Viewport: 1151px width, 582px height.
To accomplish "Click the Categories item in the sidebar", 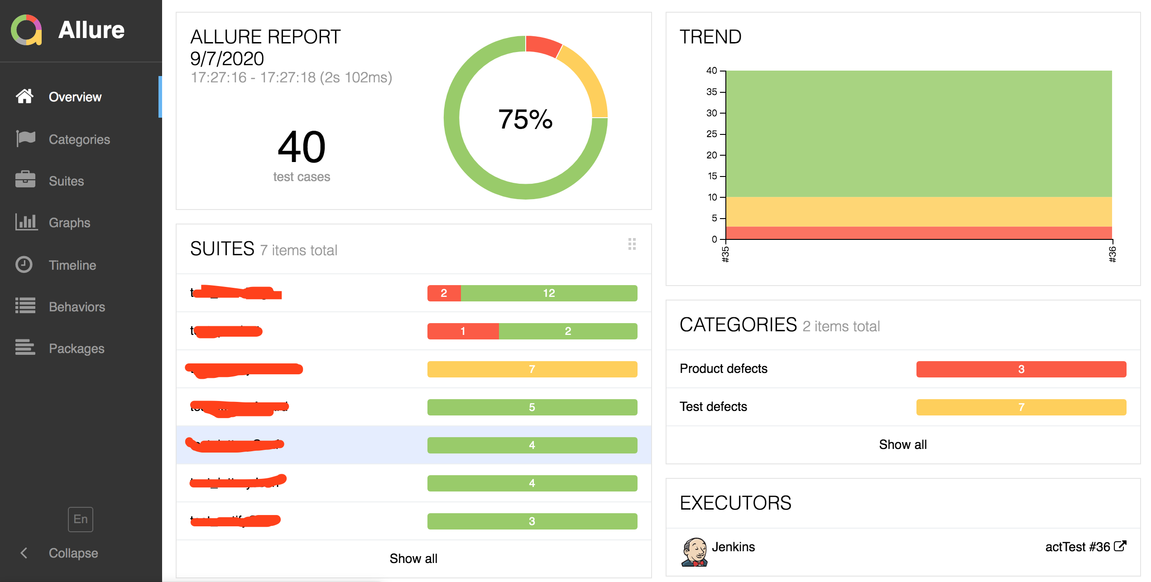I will coord(79,139).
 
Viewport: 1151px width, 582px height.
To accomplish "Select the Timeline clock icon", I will coord(24,265).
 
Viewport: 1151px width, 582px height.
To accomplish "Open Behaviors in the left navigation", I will coord(77,307).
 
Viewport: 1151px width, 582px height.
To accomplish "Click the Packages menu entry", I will coord(76,348).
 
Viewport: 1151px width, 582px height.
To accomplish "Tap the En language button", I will coord(81,519).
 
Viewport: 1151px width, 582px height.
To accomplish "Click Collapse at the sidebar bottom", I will coord(73,553).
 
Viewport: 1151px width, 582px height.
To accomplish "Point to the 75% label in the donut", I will coord(525,119).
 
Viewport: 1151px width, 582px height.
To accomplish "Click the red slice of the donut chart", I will coord(543,46).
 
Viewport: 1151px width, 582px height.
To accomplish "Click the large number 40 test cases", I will coord(302,147).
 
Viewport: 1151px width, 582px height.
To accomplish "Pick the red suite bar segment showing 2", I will coord(444,293).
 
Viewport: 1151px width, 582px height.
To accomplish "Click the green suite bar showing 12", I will coord(549,293).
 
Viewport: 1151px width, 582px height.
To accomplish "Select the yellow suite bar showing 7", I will coord(532,369).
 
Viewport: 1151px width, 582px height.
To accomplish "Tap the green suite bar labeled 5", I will coord(532,407).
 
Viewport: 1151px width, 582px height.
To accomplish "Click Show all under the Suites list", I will coord(413,558).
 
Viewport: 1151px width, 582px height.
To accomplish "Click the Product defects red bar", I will coord(1021,369).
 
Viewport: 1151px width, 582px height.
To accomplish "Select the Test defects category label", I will coord(713,407).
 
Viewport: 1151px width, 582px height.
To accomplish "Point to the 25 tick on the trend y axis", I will coord(711,134).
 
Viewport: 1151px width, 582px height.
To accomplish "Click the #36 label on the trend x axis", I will coord(1113,254).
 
